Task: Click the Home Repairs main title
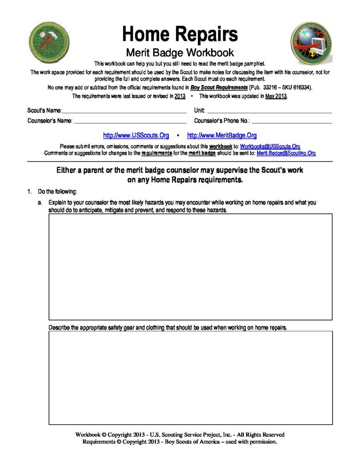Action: [x=180, y=34]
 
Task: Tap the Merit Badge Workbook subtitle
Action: [x=180, y=52]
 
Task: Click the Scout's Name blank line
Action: [x=124, y=111]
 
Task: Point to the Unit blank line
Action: [x=269, y=111]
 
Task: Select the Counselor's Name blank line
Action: [x=130, y=122]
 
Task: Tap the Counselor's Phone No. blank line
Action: [x=292, y=122]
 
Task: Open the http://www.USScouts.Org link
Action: [x=136, y=136]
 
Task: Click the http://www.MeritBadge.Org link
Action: [x=222, y=136]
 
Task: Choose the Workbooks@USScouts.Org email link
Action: [x=270, y=147]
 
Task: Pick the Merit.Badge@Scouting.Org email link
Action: [x=286, y=153]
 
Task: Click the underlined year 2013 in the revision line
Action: [x=180, y=96]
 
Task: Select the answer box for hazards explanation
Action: [x=190, y=267]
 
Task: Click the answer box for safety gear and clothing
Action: [x=190, y=378]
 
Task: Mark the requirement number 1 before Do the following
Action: [x=30, y=192]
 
